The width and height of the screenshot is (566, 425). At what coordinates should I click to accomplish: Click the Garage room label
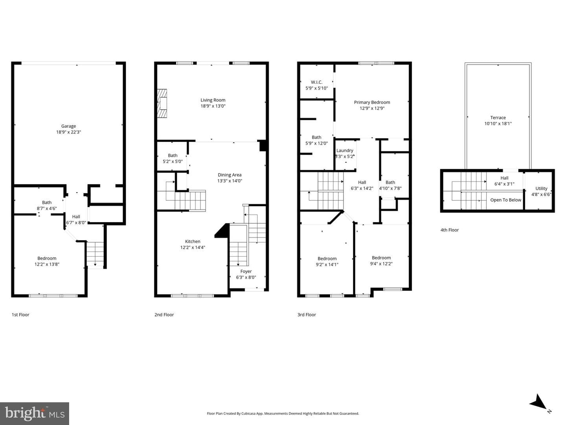click(x=69, y=126)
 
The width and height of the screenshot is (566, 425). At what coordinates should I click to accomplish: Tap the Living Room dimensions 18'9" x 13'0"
click(x=213, y=106)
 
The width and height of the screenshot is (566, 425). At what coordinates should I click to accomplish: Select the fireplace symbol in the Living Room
click(x=162, y=103)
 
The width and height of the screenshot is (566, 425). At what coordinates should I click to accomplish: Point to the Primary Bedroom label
click(x=372, y=102)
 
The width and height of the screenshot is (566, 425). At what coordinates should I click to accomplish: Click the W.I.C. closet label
click(x=316, y=82)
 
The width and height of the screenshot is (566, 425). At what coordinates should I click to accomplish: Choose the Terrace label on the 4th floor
click(x=498, y=118)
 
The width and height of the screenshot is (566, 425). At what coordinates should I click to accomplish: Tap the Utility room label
click(x=541, y=188)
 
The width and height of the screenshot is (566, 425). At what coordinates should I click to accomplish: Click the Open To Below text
click(x=505, y=200)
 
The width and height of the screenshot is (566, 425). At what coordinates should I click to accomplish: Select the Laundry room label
click(x=345, y=150)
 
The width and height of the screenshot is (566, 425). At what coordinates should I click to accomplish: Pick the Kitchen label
click(x=193, y=241)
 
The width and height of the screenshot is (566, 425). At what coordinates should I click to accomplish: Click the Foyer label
click(x=246, y=271)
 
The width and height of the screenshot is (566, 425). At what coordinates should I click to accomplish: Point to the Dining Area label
click(x=230, y=175)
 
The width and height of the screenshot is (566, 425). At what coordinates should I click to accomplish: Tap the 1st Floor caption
click(x=20, y=315)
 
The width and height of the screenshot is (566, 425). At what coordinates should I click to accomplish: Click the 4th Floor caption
click(x=449, y=230)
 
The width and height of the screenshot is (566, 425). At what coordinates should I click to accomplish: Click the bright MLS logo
click(x=35, y=414)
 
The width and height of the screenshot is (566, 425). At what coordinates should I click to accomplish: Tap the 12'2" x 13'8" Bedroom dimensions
click(x=47, y=264)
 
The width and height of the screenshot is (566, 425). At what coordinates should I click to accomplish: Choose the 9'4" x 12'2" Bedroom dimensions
click(x=381, y=264)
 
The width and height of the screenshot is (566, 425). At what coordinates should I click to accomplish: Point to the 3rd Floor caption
click(x=307, y=315)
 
